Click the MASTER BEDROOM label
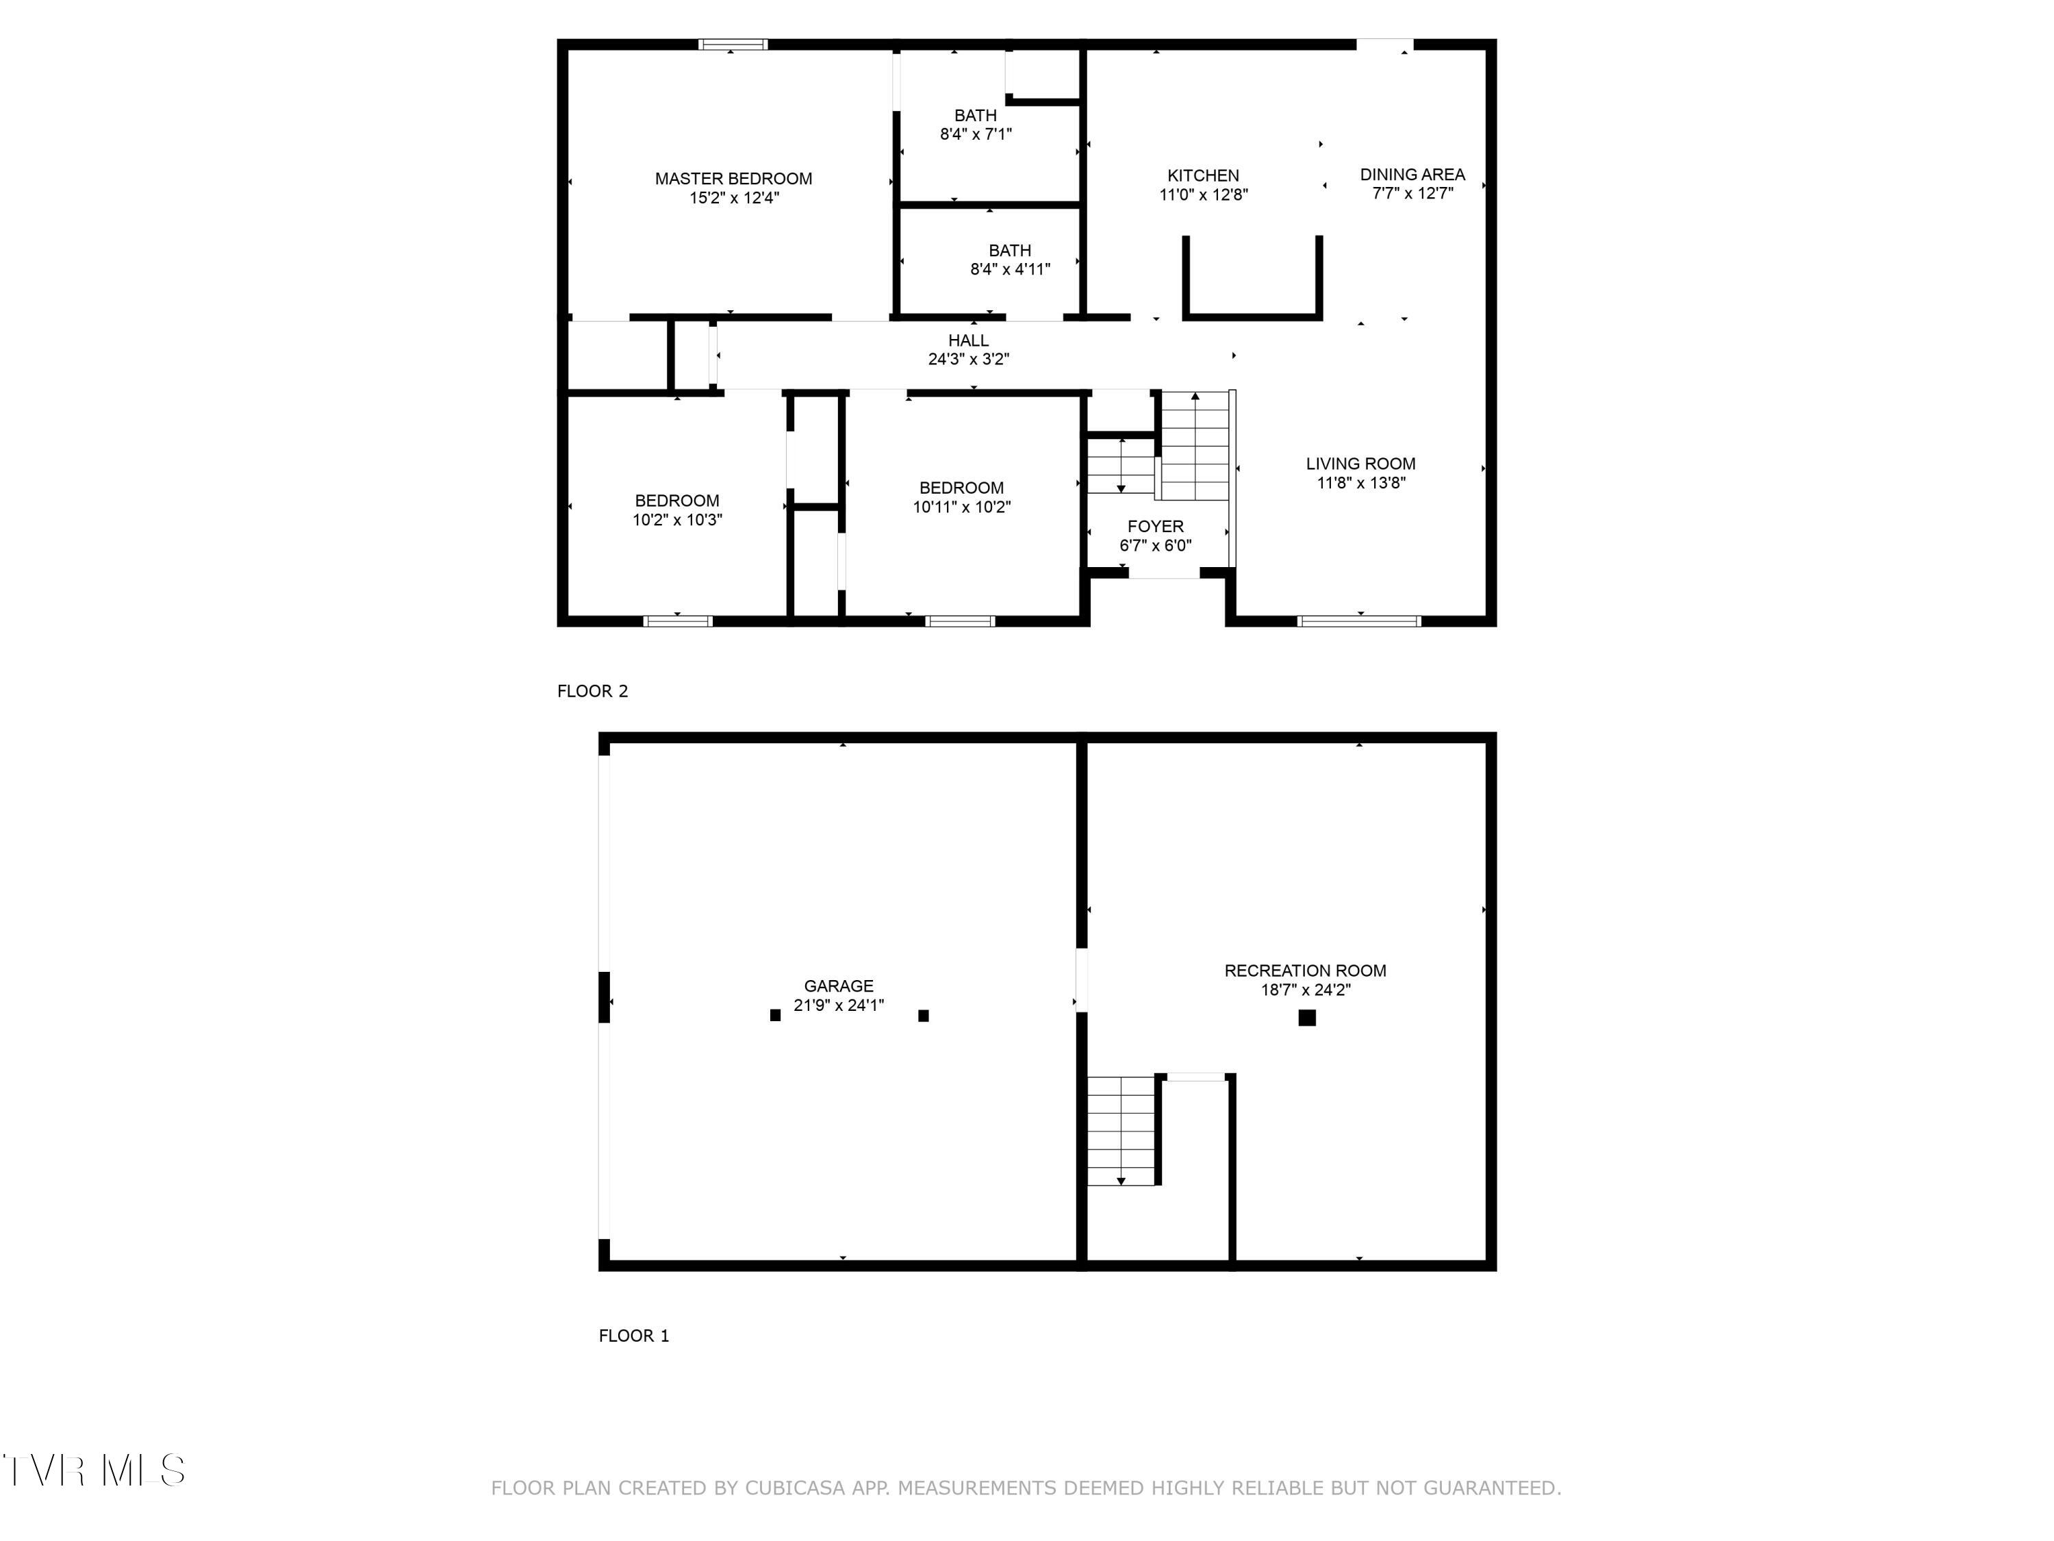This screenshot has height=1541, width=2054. [x=733, y=178]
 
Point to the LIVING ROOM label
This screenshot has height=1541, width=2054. [x=1360, y=464]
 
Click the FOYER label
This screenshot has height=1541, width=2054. [x=1155, y=526]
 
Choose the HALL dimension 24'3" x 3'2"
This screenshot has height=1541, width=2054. [x=969, y=360]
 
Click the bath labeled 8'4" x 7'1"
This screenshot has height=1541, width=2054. [x=975, y=125]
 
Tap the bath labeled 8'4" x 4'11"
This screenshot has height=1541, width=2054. [x=1009, y=260]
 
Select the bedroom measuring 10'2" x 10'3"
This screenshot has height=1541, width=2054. [x=677, y=510]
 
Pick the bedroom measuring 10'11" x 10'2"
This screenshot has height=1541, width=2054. [x=961, y=497]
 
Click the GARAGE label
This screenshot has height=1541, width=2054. [x=839, y=986]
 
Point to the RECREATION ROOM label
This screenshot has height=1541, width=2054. [x=1305, y=970]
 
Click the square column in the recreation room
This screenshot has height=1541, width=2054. [x=1306, y=1017]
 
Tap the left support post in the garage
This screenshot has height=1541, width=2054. [x=775, y=1015]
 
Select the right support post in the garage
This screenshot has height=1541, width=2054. [x=923, y=1015]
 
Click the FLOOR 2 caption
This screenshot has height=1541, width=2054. [x=592, y=691]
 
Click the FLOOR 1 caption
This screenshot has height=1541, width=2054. [x=633, y=1336]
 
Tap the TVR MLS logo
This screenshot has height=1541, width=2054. [x=93, y=1470]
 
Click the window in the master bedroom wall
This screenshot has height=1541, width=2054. [x=733, y=44]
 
